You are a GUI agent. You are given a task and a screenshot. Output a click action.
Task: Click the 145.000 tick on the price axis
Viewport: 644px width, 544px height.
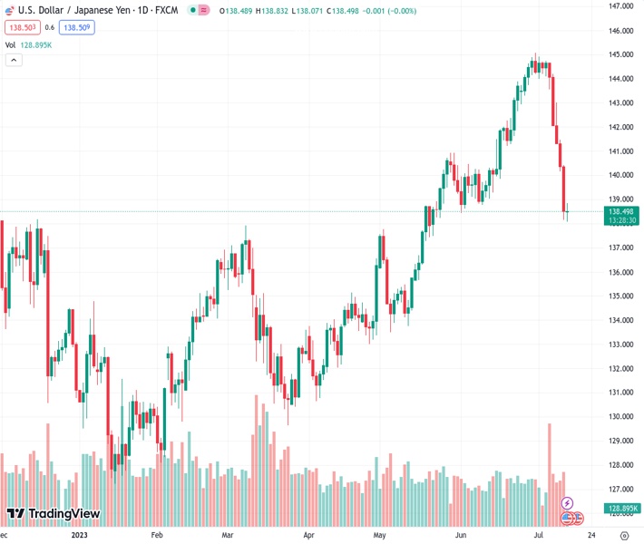(x=621, y=54)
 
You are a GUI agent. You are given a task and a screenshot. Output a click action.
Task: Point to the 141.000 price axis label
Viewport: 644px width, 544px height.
(x=621, y=151)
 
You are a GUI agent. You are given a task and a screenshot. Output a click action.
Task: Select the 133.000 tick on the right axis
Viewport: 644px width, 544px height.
(x=621, y=345)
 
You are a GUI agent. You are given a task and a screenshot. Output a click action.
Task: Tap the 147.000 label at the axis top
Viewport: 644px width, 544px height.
(x=621, y=6)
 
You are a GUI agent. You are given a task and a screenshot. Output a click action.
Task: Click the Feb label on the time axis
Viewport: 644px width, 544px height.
(x=156, y=535)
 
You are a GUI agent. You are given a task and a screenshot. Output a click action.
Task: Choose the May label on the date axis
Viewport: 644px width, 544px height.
(x=379, y=535)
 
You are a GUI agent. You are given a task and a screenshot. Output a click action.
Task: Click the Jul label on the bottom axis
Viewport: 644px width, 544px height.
(x=540, y=535)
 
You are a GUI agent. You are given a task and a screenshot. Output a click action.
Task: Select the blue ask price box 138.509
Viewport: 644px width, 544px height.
(x=77, y=27)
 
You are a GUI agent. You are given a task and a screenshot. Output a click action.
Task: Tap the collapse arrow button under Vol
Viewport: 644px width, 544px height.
(x=14, y=60)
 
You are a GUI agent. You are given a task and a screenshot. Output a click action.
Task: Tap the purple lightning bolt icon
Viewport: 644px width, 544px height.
(x=568, y=503)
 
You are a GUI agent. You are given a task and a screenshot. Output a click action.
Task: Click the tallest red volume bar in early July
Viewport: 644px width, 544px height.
(x=549, y=471)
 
